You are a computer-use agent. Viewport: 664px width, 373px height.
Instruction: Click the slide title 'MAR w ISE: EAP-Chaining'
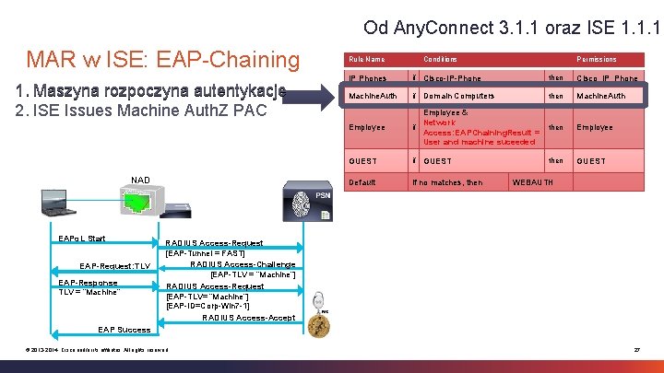coord(163,60)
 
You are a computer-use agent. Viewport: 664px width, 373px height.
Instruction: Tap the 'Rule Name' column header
coord(366,59)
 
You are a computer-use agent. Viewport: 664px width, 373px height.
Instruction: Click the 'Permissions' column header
coord(597,59)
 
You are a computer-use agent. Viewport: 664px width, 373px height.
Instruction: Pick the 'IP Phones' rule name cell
coord(366,78)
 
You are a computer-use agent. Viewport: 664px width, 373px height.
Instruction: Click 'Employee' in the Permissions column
coord(595,128)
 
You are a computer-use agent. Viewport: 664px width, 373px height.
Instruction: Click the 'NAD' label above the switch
coord(140,180)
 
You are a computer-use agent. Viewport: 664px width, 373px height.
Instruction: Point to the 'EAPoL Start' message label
coord(82,239)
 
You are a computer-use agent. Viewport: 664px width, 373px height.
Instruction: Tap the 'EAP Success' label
coord(125,329)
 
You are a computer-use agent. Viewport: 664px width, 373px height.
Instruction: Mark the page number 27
coord(636,349)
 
